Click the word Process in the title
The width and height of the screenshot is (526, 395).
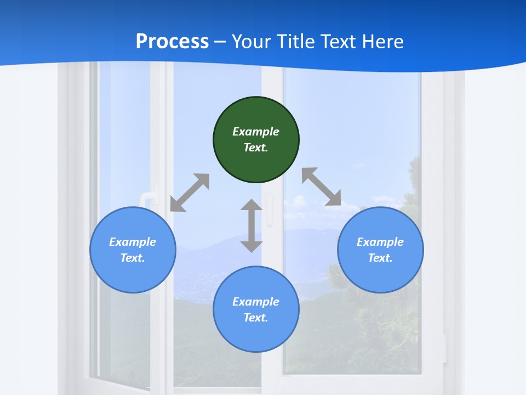(172, 42)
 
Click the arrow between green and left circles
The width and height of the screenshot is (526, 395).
(190, 193)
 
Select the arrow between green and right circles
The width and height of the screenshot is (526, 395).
(321, 187)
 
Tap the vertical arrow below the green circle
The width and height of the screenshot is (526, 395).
(251, 226)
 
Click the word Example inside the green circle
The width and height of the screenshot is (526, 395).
(256, 132)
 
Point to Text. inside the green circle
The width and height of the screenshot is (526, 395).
(256, 148)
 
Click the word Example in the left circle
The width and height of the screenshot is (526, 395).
(133, 242)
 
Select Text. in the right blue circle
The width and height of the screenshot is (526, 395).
(380, 258)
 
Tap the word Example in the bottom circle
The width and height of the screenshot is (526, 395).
(256, 302)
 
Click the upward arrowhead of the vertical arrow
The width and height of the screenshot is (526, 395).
(251, 205)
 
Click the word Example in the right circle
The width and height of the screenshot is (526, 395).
(380, 242)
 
